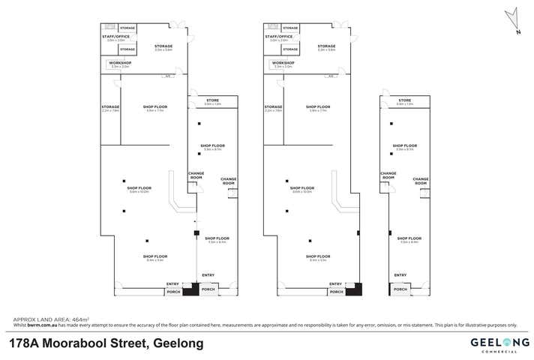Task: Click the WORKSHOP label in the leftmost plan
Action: pos(120,63)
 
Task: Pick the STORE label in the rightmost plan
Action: pos(404,100)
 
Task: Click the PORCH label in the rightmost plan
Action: pos(400,289)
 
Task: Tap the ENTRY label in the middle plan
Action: pos(335,283)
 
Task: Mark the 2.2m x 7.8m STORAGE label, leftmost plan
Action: pos(110,108)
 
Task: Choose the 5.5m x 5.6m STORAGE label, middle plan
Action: pos(326,47)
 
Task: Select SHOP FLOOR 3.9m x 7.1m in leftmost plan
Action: pos(154,108)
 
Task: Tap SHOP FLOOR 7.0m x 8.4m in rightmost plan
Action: pos(409,240)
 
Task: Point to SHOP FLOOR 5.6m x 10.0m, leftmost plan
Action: pos(139,190)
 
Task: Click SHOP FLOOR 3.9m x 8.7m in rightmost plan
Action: pos(405,147)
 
